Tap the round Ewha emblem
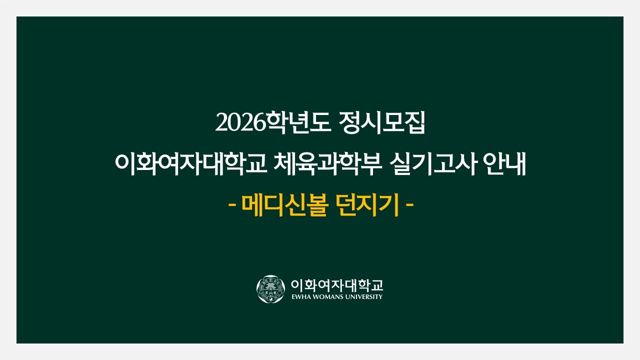coord(270,288)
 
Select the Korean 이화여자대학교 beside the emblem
coord(336,285)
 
